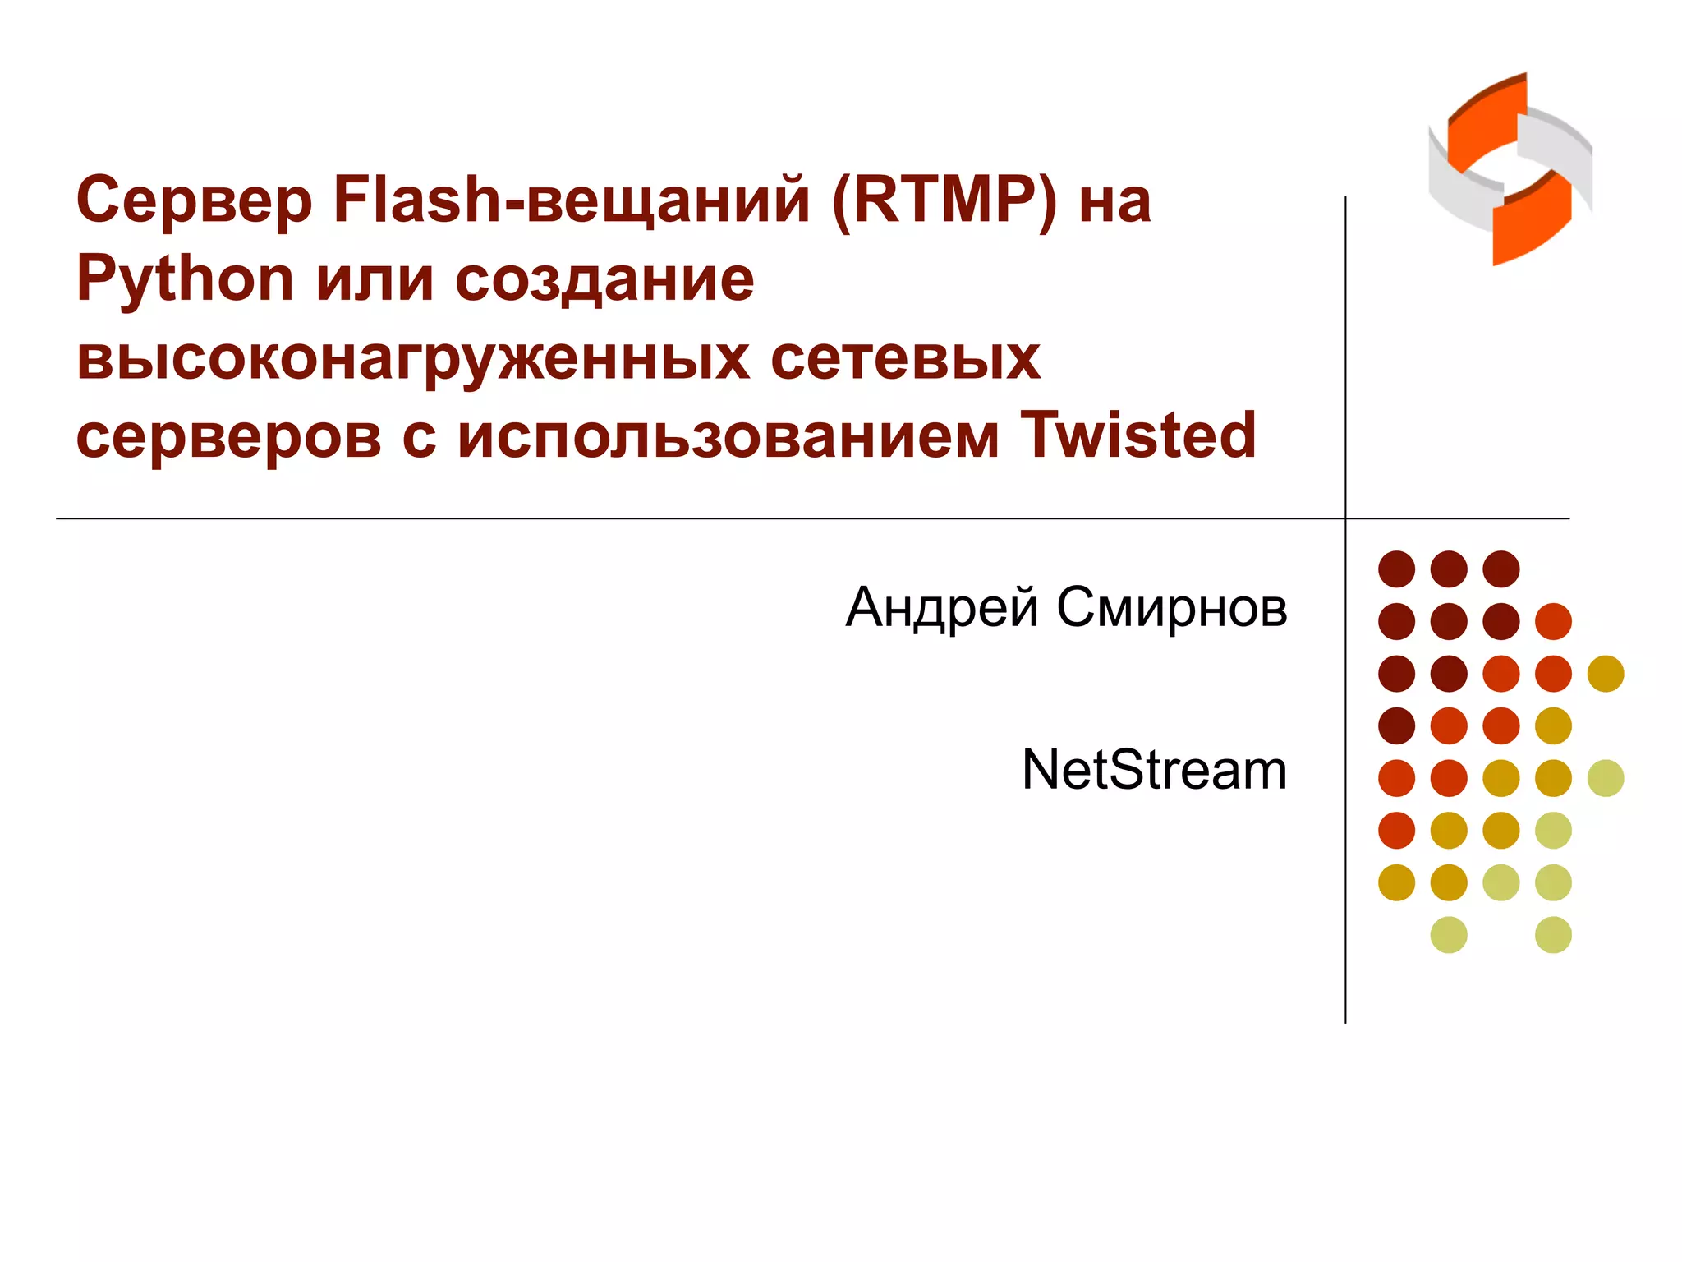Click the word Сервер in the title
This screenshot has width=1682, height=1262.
194,201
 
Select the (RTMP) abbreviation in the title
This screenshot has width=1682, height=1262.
944,200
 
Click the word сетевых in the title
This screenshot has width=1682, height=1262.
906,359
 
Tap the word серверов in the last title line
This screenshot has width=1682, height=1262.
228,436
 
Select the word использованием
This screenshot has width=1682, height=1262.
728,436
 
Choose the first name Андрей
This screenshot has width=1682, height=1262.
942,608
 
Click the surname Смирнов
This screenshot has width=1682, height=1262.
1172,608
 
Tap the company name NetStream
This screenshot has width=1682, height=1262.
1154,770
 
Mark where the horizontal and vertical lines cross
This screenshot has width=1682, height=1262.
1345,518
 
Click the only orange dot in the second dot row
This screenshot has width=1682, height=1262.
1553,621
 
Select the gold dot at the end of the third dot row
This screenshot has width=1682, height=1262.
1606,674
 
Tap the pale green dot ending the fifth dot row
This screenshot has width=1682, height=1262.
1606,778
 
